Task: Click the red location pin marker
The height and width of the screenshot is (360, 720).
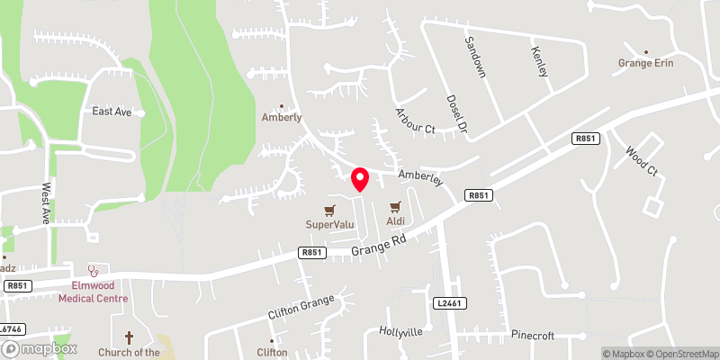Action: point(360,178)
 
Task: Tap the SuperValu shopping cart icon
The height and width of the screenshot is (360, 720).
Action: point(331,207)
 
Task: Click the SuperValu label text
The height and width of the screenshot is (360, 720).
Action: point(330,223)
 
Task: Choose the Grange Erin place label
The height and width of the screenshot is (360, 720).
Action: point(645,63)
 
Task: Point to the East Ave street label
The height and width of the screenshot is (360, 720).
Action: point(112,112)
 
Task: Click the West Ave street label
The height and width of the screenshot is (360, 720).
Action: point(45,204)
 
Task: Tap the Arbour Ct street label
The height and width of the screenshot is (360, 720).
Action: point(415,121)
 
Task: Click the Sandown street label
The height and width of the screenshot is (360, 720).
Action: point(475,56)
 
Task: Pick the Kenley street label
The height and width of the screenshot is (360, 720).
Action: point(540,61)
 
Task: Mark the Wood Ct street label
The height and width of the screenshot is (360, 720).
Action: point(642,158)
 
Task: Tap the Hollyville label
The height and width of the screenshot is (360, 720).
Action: point(400,331)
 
